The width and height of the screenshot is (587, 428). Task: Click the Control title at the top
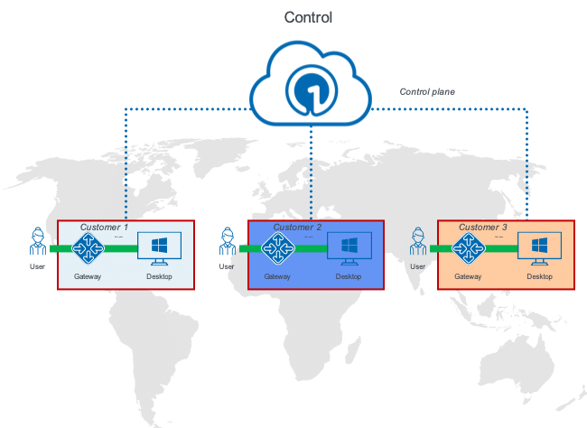point(309,17)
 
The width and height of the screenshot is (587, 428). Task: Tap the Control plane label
point(427,92)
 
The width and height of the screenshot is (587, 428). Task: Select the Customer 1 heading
point(104,227)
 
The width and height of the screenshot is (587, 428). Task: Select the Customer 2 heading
point(297,227)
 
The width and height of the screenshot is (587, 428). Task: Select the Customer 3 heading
point(483,227)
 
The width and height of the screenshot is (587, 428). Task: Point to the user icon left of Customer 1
point(38,244)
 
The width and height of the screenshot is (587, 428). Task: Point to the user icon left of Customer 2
point(227,244)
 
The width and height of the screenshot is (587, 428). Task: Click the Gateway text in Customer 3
point(468,276)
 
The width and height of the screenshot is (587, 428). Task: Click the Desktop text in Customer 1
point(160,276)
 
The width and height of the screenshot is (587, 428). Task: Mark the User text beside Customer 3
point(417,267)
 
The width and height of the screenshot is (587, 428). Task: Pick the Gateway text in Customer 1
point(89,276)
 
